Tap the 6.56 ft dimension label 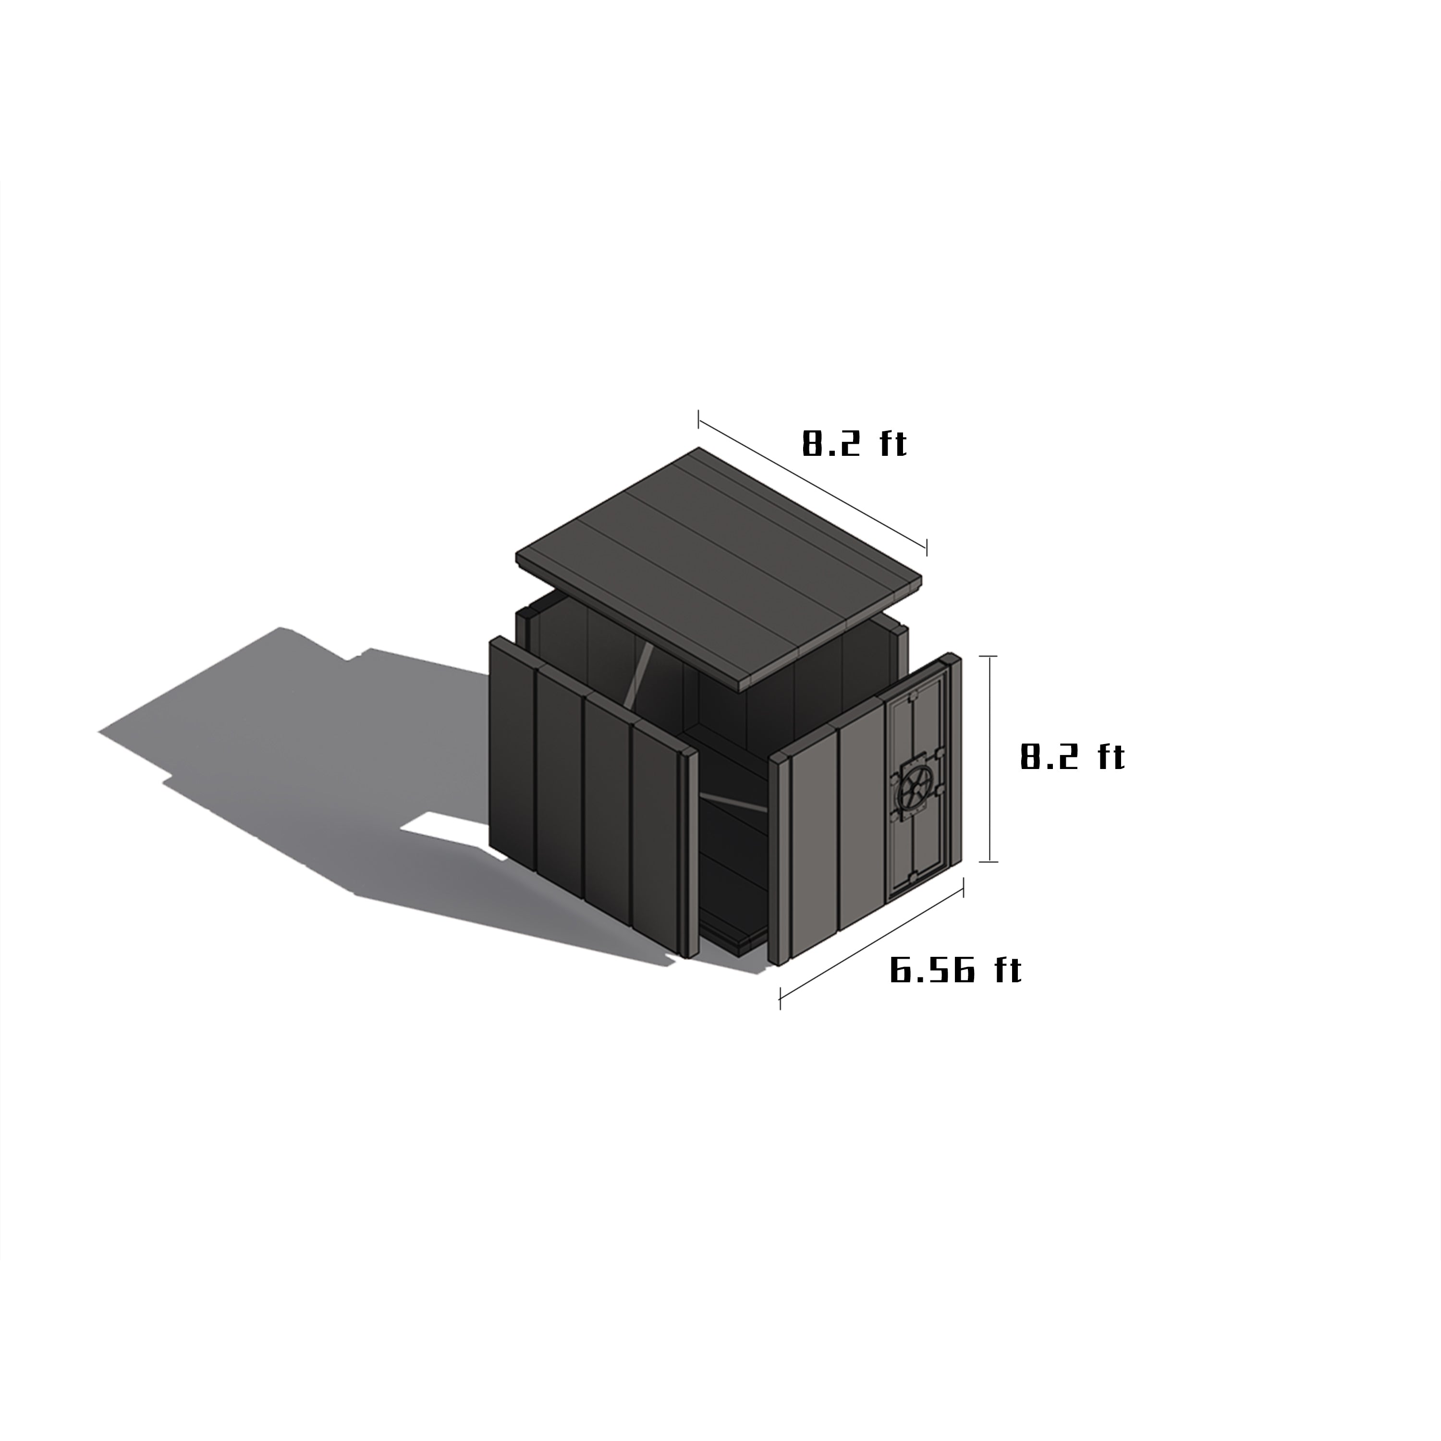click(955, 970)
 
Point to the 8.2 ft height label click(1072, 757)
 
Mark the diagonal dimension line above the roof click(812, 483)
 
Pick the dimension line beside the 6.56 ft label click(871, 943)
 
